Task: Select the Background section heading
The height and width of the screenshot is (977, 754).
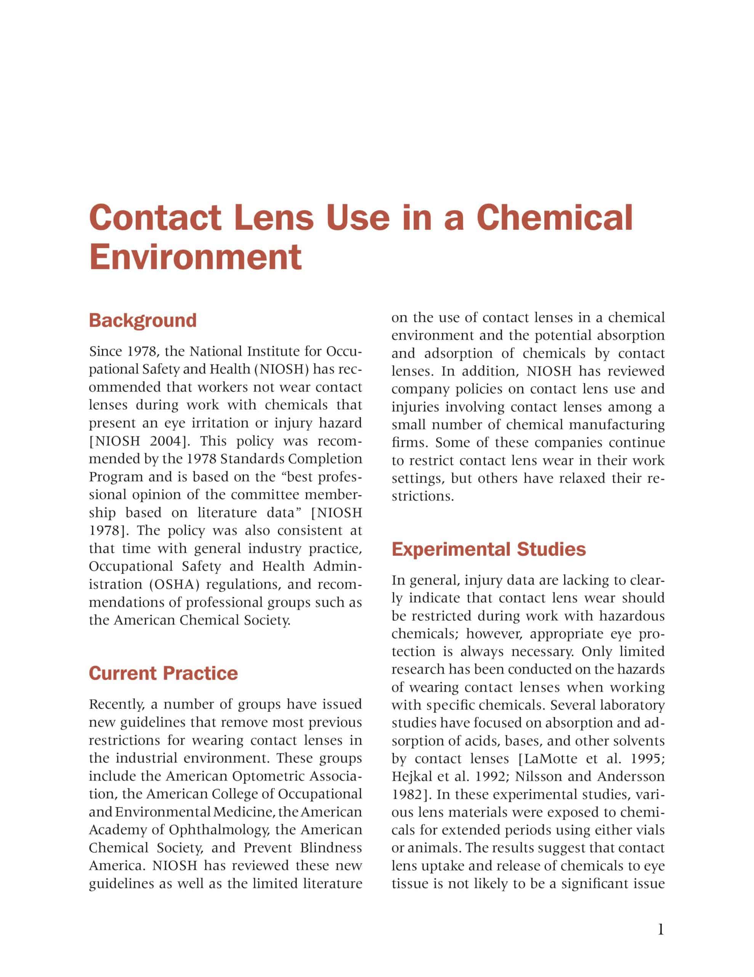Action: click(x=143, y=320)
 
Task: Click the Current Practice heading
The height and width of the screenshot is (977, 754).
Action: click(x=163, y=673)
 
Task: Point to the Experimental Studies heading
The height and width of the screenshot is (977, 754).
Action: click(x=489, y=549)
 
